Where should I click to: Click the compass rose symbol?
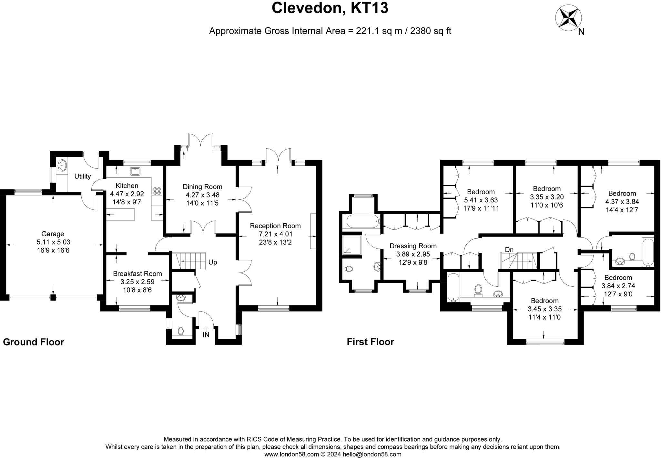click(568, 18)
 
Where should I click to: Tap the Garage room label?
click(53, 234)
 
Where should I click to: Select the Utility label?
click(83, 176)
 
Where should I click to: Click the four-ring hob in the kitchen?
click(157, 191)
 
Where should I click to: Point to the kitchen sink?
click(135, 171)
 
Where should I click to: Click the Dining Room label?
click(202, 187)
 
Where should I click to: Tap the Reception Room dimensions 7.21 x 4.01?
click(275, 234)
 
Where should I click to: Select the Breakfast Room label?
click(137, 273)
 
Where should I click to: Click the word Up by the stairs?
click(213, 262)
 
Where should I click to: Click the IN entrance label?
click(206, 335)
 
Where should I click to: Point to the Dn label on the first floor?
click(509, 250)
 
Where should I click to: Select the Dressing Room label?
click(413, 246)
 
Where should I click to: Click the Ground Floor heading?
click(34, 342)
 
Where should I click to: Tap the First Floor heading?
click(370, 342)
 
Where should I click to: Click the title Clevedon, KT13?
click(330, 8)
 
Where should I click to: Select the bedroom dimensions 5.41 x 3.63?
click(481, 200)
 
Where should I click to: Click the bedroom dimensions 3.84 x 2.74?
click(618, 286)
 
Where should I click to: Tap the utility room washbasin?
click(61, 166)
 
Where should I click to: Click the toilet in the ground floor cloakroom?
click(181, 331)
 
